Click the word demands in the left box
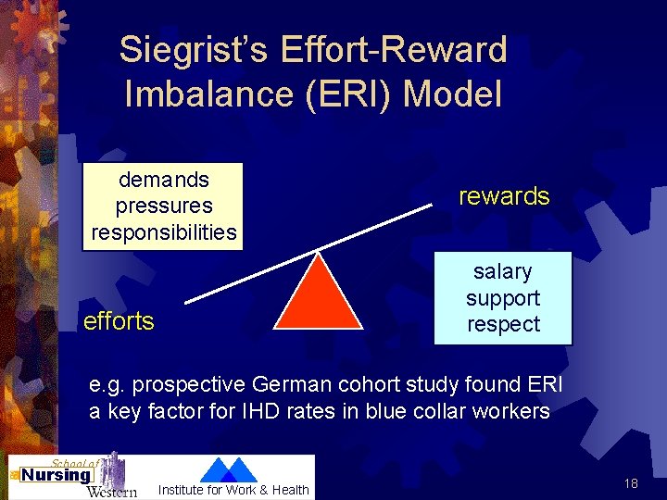(164, 179)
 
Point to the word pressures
(164, 206)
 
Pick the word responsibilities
(164, 231)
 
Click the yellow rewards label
(504, 196)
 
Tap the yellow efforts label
(119, 321)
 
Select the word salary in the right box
(503, 272)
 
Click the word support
(503, 298)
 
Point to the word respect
(503, 324)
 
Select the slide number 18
(631, 483)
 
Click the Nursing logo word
(57, 475)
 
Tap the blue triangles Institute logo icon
(228, 469)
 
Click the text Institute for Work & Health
(233, 490)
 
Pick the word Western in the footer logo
(111, 491)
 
